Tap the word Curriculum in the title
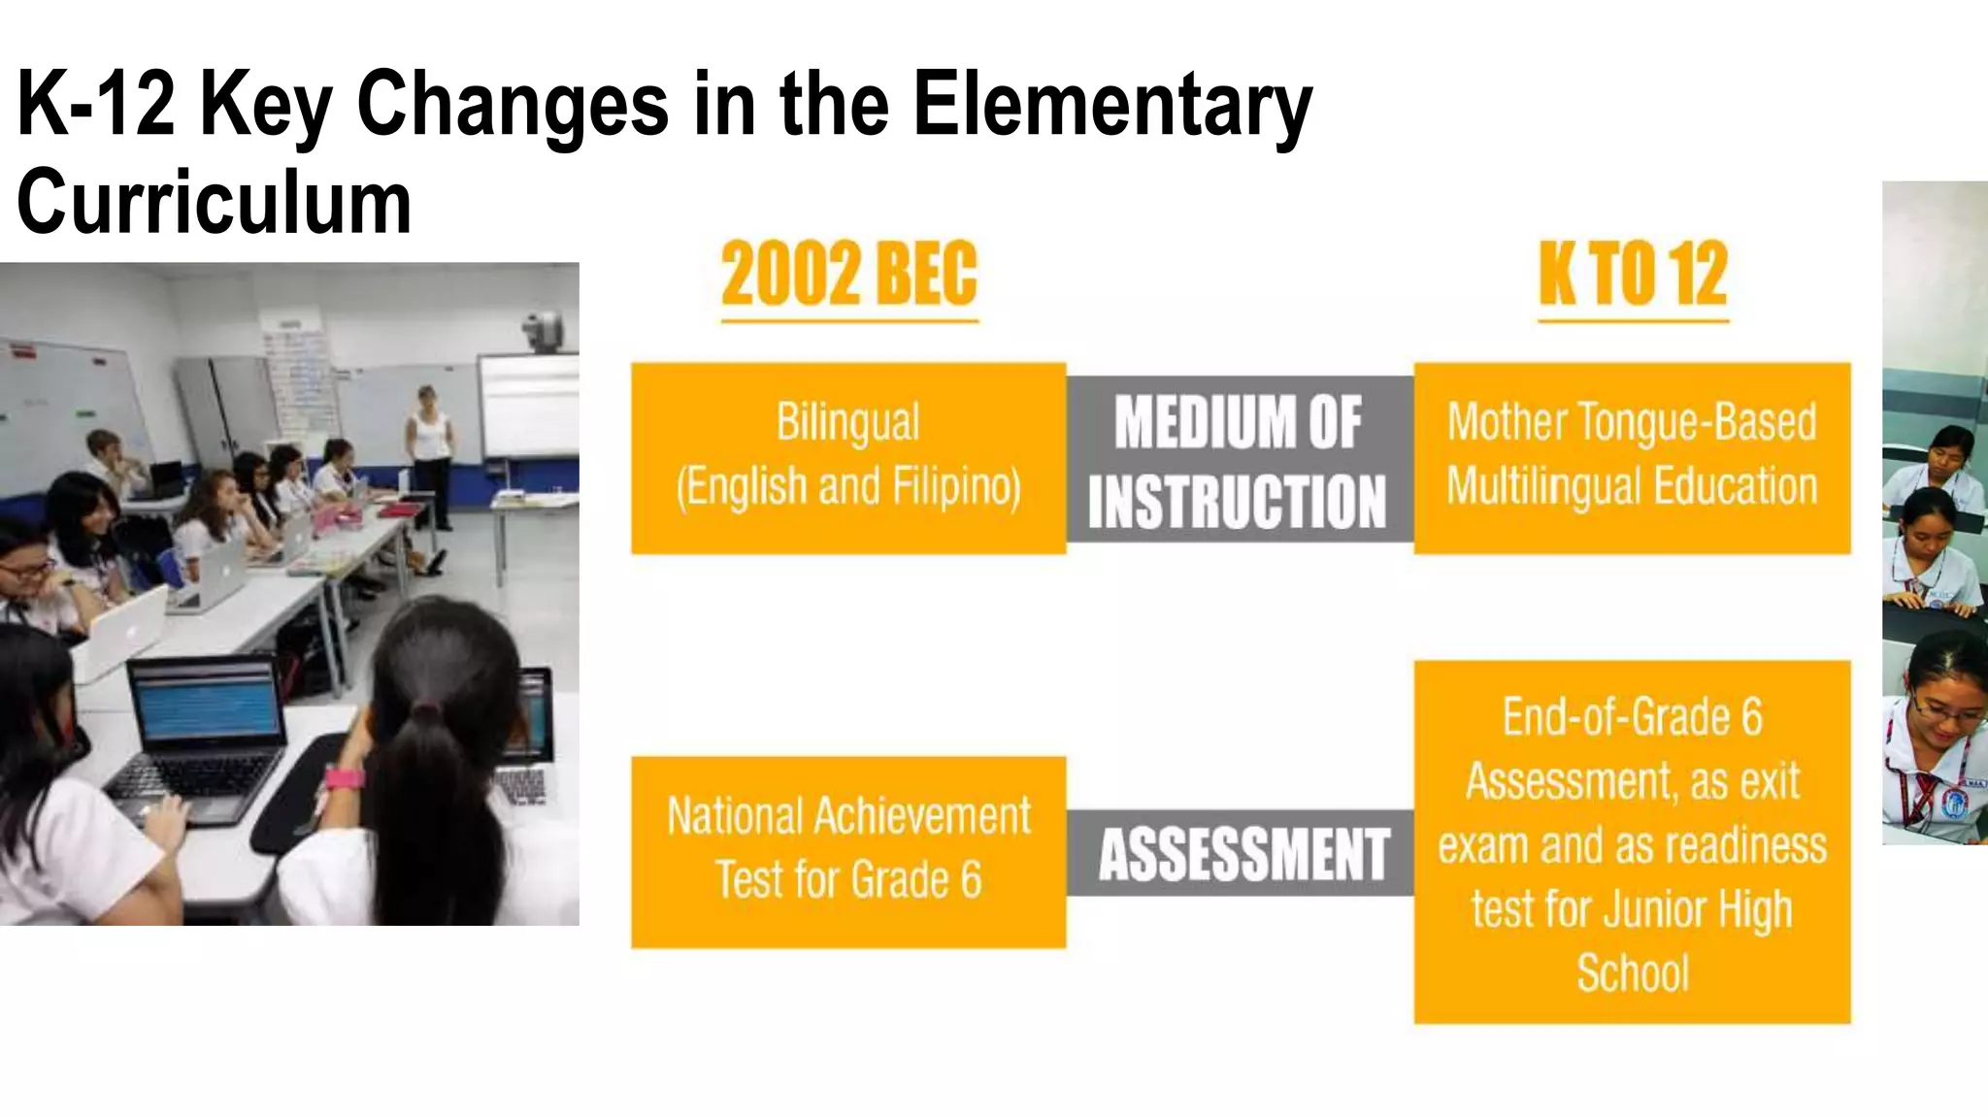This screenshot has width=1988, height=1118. pos(215,202)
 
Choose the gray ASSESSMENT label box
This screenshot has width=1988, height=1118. pos(1242,854)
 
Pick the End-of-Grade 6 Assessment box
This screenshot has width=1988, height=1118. pos(1632,842)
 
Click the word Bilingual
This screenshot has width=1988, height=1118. pos(848,423)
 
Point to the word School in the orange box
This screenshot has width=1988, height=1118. pos(1633,973)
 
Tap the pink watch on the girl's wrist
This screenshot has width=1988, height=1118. pos(344,778)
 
